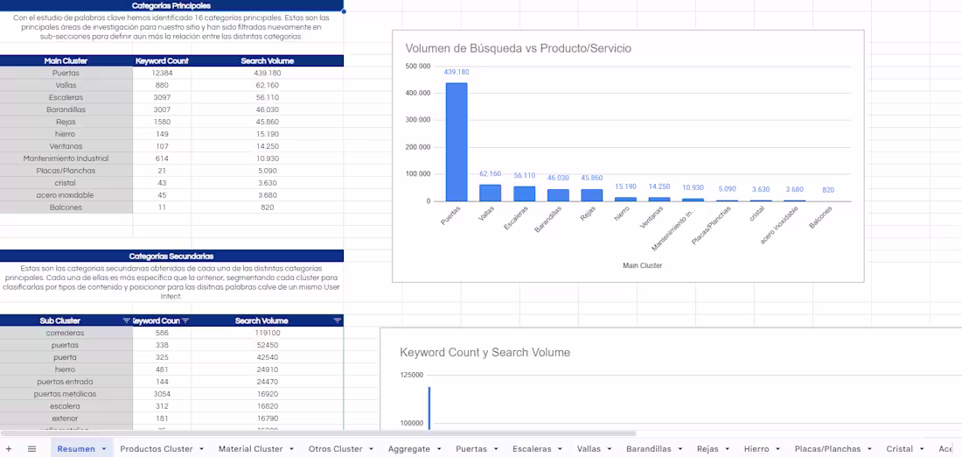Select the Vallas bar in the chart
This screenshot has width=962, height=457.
(x=490, y=193)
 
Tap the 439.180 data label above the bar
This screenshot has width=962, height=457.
(x=456, y=73)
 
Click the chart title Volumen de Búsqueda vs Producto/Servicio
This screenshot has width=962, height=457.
(x=518, y=48)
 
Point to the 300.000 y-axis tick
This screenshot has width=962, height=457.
(x=418, y=120)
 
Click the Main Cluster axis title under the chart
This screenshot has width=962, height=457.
(x=642, y=265)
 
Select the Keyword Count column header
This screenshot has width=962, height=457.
(x=162, y=61)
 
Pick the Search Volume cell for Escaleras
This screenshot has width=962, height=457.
(x=267, y=98)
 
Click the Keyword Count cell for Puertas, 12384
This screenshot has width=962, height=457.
(x=162, y=74)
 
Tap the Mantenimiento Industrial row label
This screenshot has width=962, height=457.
(x=66, y=159)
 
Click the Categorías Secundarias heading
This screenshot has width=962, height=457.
(x=171, y=257)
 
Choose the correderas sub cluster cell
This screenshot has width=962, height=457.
(x=66, y=333)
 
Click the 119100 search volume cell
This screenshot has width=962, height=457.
(x=267, y=333)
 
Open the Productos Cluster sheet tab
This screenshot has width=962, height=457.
(x=157, y=449)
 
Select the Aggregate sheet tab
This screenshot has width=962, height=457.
(x=409, y=449)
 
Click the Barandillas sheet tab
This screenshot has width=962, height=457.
(x=649, y=449)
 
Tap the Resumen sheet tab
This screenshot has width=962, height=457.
(x=76, y=449)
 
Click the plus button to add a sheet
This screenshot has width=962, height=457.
(x=10, y=449)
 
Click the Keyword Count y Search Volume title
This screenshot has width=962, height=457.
(x=484, y=353)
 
